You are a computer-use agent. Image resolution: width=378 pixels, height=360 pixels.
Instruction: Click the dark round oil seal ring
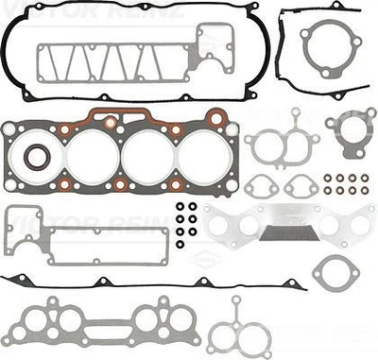tap(37, 156)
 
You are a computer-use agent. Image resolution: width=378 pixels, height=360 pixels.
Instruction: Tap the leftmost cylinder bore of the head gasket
tap(92, 155)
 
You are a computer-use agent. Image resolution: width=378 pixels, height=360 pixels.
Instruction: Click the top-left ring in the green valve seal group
tap(326, 177)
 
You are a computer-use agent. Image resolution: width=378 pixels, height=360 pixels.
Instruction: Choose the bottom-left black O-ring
tap(180, 243)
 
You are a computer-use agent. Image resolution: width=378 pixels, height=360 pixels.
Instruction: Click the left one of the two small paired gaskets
tap(262, 185)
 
